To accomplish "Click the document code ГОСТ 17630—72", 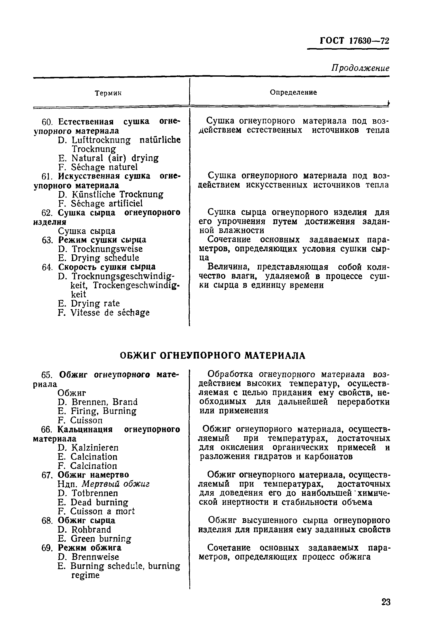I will pyautogui.click(x=354, y=41).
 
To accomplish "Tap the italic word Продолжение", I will pyautogui.click(x=360, y=68).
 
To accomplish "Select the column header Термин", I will pyautogui.click(x=108, y=93).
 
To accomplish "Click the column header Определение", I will pyautogui.click(x=293, y=93).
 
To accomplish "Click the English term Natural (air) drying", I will pyautogui.click(x=115, y=158).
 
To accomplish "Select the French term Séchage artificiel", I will pyautogui.click(x=107, y=203).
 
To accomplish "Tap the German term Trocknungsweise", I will pyautogui.click(x=107, y=249).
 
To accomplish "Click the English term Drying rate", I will pyautogui.click(x=95, y=303).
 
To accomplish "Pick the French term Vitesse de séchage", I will pyautogui.click(x=110, y=312).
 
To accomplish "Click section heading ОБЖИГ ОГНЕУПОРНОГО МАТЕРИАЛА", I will pyautogui.click(x=212, y=356).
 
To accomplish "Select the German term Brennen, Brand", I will pyautogui.click(x=104, y=402).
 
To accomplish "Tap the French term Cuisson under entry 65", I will pyautogui.click(x=86, y=420).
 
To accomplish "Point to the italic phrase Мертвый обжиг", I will pyautogui.click(x=116, y=484).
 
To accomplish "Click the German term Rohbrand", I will pyautogui.click(x=91, y=530).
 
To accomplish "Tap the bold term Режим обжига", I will pyautogui.click(x=90, y=548).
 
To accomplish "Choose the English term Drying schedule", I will pyautogui.click(x=105, y=258).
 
